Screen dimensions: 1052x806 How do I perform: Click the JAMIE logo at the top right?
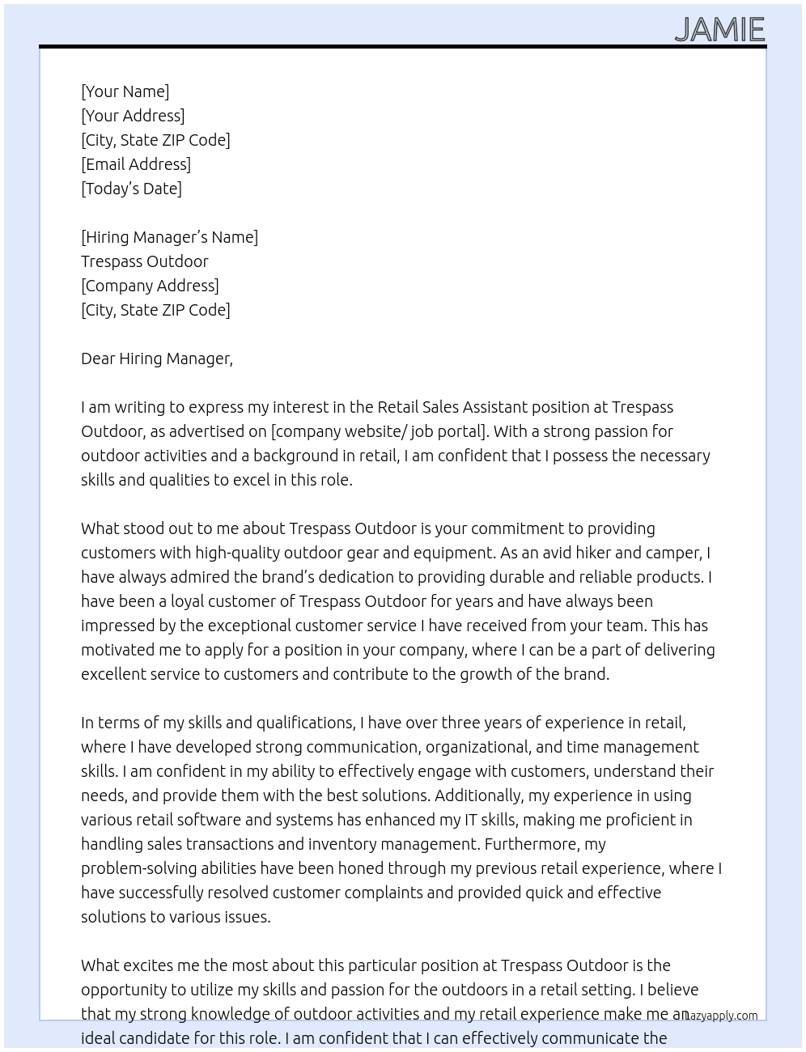coord(719,30)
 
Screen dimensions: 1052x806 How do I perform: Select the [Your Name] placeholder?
coord(125,91)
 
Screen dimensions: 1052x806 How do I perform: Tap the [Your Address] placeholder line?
coord(133,116)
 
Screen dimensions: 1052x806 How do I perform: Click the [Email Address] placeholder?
coord(136,164)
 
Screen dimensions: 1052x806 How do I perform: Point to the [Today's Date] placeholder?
coord(131,189)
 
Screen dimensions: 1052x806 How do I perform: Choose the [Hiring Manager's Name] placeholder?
coord(169,237)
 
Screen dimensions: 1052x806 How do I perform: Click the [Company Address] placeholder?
coord(150,286)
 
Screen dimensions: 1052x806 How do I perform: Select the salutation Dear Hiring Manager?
coord(156,358)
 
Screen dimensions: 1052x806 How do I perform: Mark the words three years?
coord(483,723)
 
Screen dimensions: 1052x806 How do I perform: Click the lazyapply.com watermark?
coord(721,1016)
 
